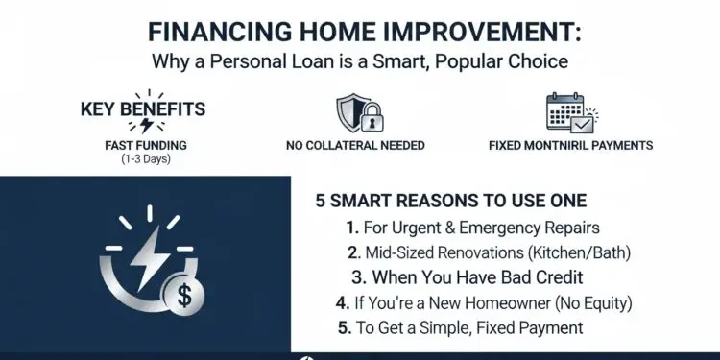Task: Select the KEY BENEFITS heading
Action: point(143,108)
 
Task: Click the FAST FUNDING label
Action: point(144,145)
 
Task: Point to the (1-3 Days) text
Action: point(144,158)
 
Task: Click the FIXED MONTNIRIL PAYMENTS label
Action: point(570,146)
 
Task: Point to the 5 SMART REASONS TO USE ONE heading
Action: point(450,202)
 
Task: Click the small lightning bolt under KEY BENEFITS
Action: point(146,126)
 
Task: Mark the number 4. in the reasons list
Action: point(343,303)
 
